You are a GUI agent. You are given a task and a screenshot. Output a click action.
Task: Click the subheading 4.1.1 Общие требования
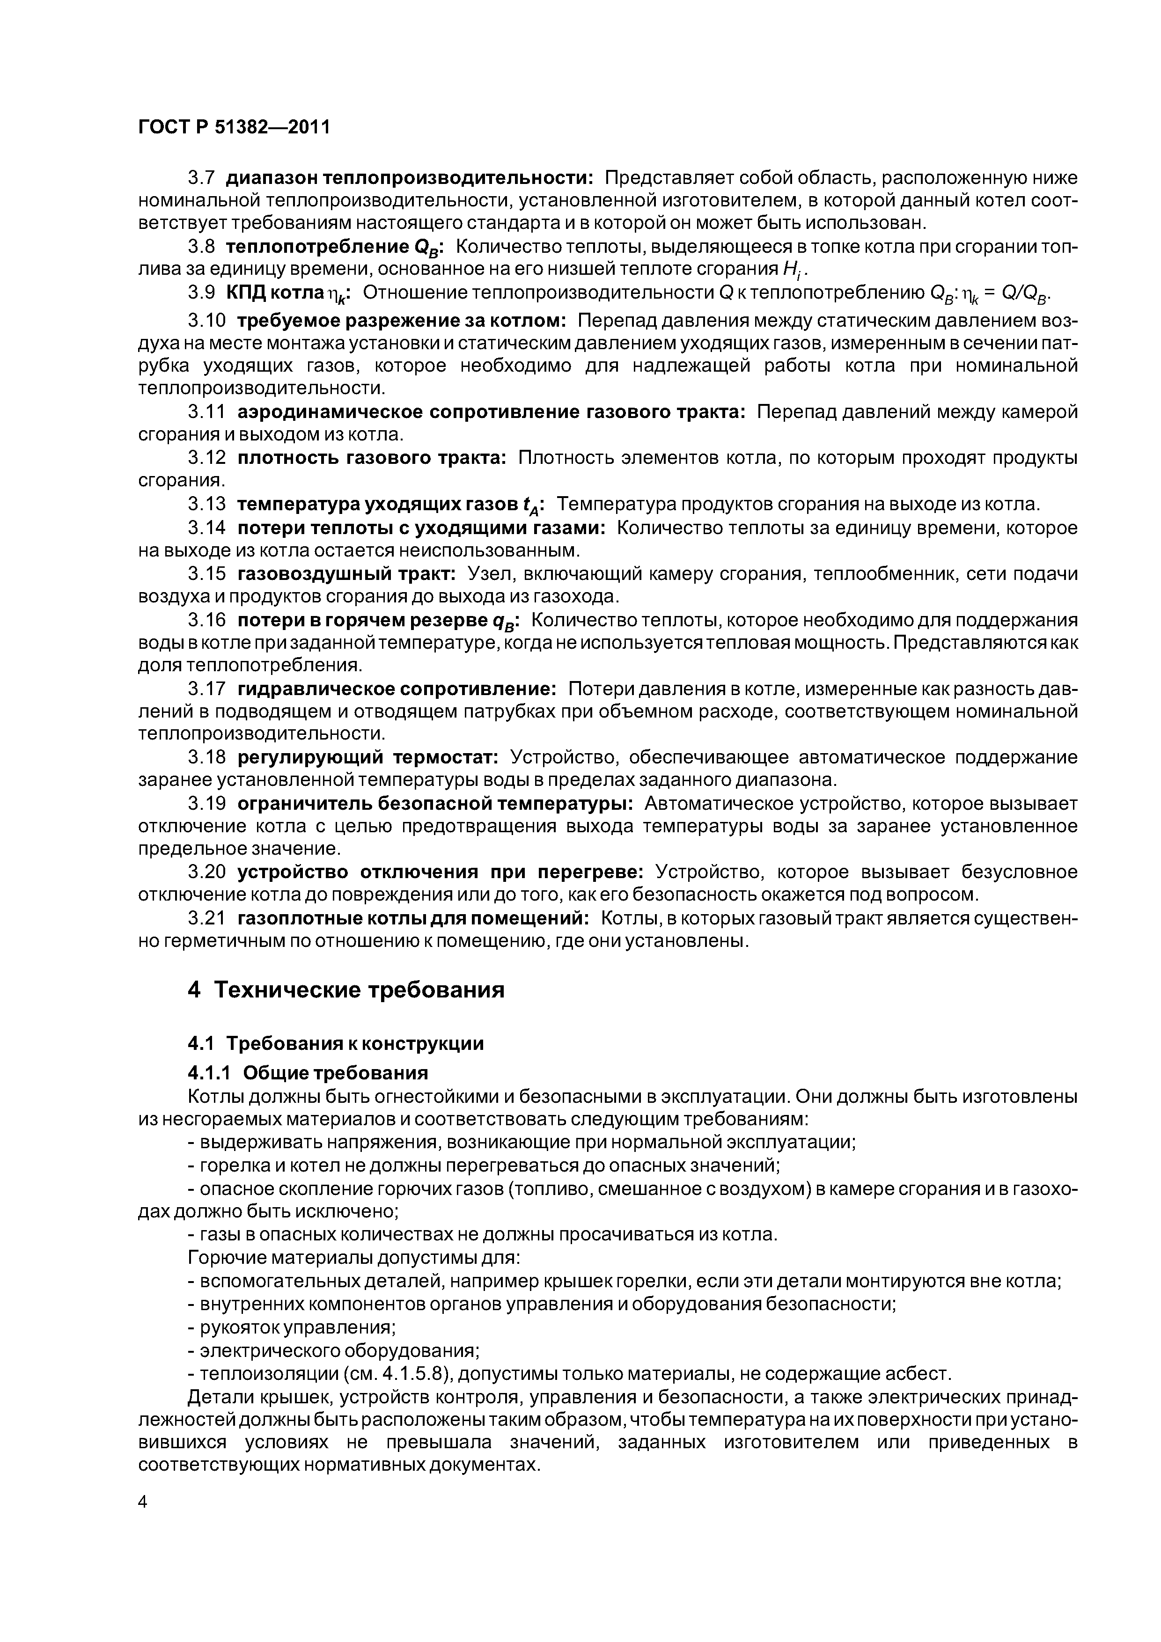point(308,1073)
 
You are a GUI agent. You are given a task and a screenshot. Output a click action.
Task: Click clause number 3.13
point(207,505)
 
